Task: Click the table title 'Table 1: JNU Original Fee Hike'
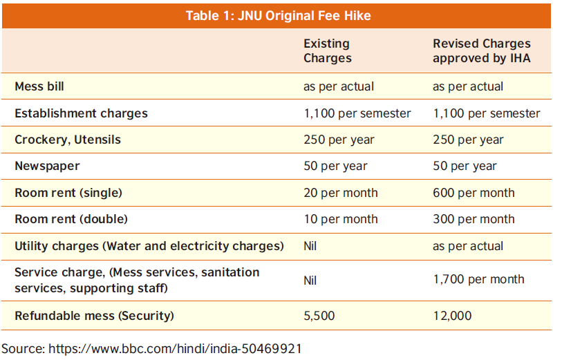pos(278,16)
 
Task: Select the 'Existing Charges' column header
pos(327,51)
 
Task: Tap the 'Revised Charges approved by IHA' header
pos(482,51)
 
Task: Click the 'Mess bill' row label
pos(39,87)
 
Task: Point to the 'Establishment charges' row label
pos(81,113)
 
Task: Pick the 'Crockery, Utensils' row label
pos(68,140)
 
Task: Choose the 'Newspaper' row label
pos(47,166)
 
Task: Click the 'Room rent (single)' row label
pos(68,193)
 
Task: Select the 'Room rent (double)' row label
pos(71,219)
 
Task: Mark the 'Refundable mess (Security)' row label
pos(94,316)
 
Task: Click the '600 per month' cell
pos(474,193)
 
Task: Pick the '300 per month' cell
pos(474,219)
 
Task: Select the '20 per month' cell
pos(340,193)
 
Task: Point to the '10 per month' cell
pos(340,219)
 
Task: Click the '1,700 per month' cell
pos(478,279)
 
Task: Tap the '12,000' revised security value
pos(452,316)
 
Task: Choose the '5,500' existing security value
pos(319,316)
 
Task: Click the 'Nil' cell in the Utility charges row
pos(311,246)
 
